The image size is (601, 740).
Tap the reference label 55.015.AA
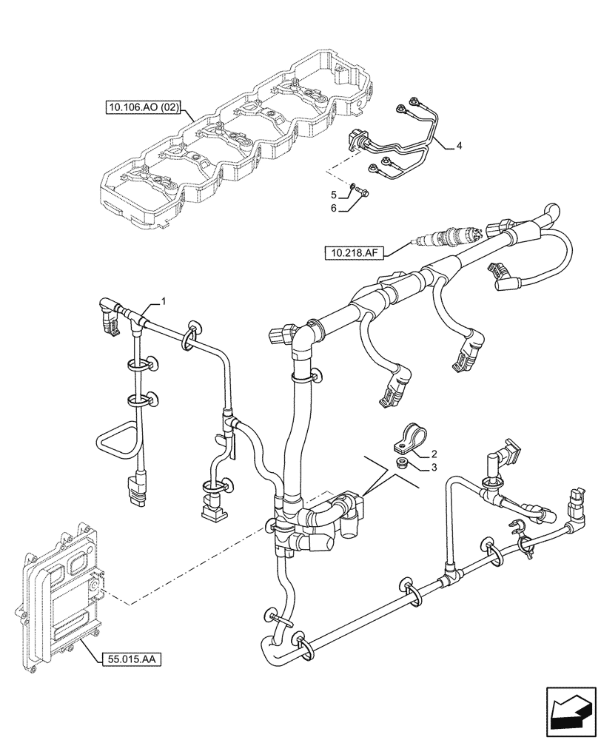129,657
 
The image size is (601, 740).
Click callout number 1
164,302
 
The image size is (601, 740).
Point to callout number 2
434,454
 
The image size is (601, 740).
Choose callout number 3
434,467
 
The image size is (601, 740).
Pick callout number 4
459,146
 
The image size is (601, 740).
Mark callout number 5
334,195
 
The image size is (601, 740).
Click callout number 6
334,209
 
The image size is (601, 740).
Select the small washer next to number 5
354,186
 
